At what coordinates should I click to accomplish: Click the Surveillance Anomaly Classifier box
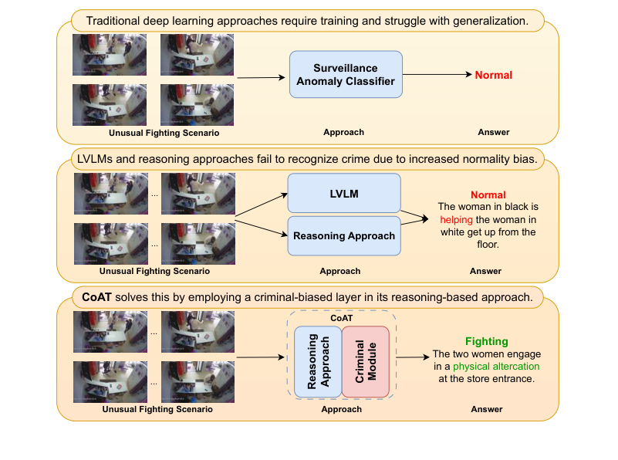pyautogui.click(x=346, y=74)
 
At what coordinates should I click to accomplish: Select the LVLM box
pyautogui.click(x=344, y=193)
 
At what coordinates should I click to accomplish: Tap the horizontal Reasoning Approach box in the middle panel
pyautogui.click(x=344, y=235)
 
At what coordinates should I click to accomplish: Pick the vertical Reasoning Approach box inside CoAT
pyautogui.click(x=317, y=360)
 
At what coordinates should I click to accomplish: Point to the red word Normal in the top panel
pyautogui.click(x=493, y=75)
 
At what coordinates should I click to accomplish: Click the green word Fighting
pyautogui.click(x=486, y=341)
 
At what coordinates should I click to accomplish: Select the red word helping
pyautogui.click(x=456, y=219)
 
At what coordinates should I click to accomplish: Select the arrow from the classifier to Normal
pyautogui.click(x=437, y=74)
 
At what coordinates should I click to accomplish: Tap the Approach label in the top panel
pyautogui.click(x=343, y=133)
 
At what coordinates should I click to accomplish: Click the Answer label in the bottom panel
pyautogui.click(x=486, y=409)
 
